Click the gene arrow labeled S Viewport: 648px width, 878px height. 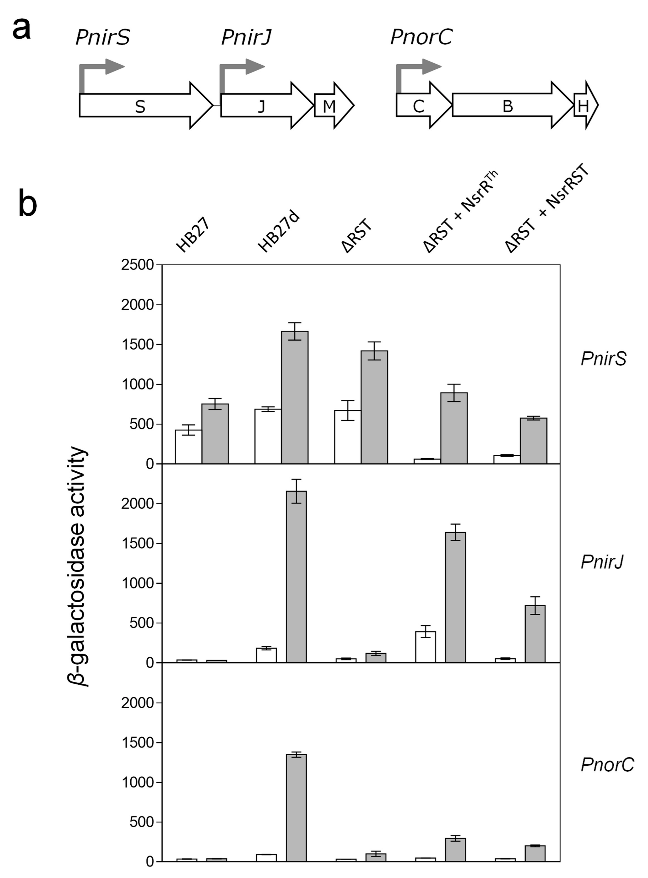(x=140, y=106)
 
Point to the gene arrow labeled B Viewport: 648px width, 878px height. (x=508, y=106)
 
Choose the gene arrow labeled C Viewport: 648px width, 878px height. (x=419, y=106)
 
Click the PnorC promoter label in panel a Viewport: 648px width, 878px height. (x=421, y=37)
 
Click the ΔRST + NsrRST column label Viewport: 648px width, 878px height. (x=547, y=208)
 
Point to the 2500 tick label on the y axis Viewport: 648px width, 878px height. (x=137, y=265)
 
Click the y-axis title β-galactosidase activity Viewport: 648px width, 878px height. (x=78, y=565)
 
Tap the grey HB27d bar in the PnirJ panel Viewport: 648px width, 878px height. (x=296, y=576)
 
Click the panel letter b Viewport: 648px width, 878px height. (x=28, y=204)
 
